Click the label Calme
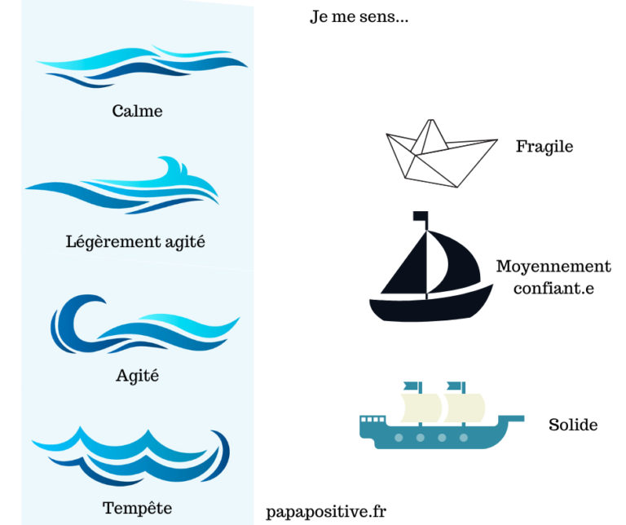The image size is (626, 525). pyautogui.click(x=137, y=111)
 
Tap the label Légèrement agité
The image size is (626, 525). pyautogui.click(x=135, y=241)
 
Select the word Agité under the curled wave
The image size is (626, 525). pyautogui.click(x=137, y=376)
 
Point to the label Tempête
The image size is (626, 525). pyautogui.click(x=137, y=508)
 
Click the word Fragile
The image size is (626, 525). pyautogui.click(x=544, y=147)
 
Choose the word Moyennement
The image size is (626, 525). pyautogui.click(x=553, y=267)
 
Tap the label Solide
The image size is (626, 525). pyautogui.click(x=573, y=425)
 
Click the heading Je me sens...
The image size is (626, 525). pyautogui.click(x=359, y=17)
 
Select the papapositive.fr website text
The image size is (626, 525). pyautogui.click(x=326, y=512)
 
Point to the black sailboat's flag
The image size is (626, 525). pyautogui.click(x=420, y=217)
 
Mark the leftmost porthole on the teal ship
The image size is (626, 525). pyautogui.click(x=399, y=439)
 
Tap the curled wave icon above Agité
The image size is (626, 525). pyautogui.click(x=139, y=326)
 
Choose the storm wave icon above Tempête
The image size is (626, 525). pyautogui.click(x=130, y=457)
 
